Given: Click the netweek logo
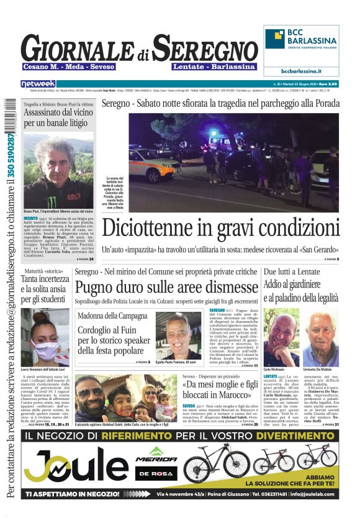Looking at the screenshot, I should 38,84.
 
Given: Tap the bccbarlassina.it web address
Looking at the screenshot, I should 301,71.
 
